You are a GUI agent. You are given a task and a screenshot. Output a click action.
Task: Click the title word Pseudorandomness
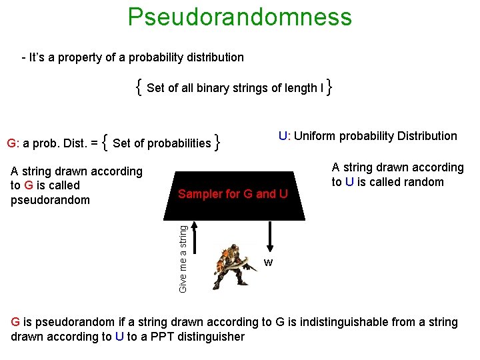[x=239, y=17]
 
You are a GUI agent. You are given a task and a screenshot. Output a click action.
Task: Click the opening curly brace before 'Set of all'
[x=137, y=87]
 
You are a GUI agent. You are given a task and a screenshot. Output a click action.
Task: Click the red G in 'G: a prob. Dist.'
[x=11, y=143]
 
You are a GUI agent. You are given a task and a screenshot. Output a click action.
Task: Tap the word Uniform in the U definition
[x=315, y=136]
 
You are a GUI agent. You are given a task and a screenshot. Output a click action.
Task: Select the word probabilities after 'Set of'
[x=179, y=143]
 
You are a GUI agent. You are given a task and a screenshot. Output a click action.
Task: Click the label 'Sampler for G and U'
[x=233, y=194]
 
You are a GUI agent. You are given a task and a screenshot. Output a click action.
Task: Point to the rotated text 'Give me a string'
[x=183, y=257]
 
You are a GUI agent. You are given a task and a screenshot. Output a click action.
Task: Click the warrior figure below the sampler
[x=233, y=265]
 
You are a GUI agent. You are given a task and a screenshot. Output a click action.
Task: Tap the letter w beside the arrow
[x=268, y=263]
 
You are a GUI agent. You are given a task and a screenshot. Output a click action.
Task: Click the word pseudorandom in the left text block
[x=50, y=200]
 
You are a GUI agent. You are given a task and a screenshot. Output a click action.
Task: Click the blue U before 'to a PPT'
[x=119, y=337]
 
